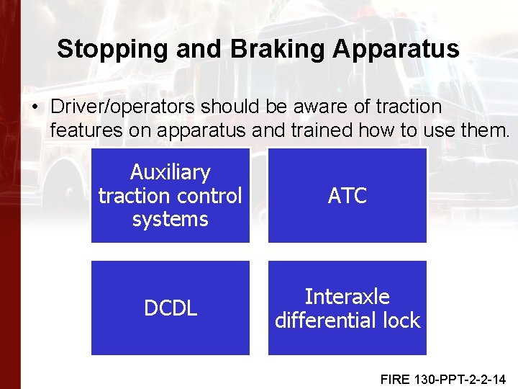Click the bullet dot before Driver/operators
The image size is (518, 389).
point(35,107)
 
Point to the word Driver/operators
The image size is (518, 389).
point(124,107)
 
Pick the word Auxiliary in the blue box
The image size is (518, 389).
point(171,172)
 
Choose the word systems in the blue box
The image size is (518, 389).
point(171,218)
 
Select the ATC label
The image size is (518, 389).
point(347,195)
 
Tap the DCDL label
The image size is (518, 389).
point(171,308)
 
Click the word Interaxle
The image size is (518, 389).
point(347,297)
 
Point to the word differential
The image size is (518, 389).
point(328,320)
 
